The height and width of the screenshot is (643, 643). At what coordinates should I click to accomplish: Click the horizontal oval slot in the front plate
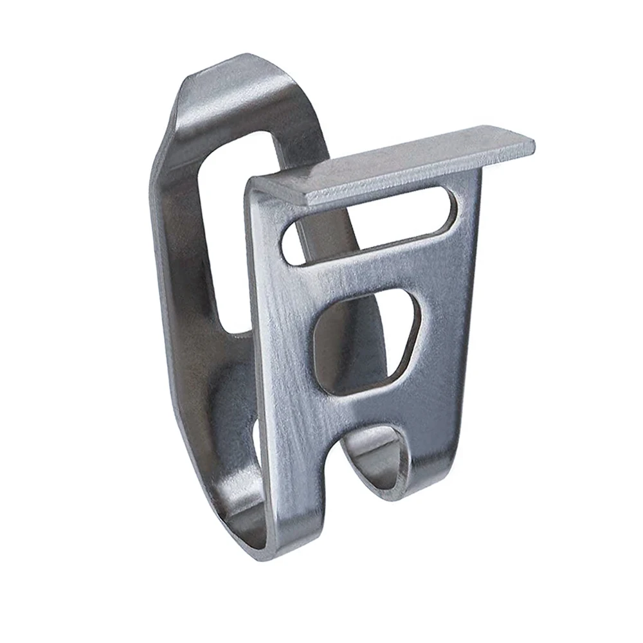(370, 225)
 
